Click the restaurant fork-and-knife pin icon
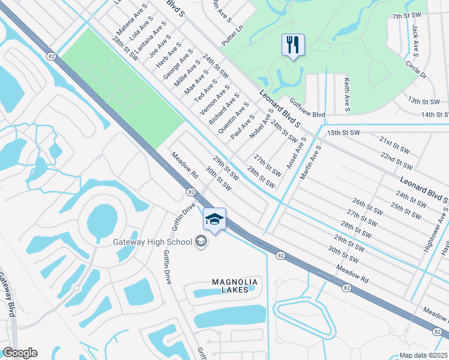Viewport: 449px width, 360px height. point(293,45)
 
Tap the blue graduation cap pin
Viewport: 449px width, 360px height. point(214,220)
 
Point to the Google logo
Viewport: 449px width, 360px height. point(19,353)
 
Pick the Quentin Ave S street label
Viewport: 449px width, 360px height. point(234,118)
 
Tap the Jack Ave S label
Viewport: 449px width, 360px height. point(415,40)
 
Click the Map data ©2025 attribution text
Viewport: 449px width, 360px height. point(424,355)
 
